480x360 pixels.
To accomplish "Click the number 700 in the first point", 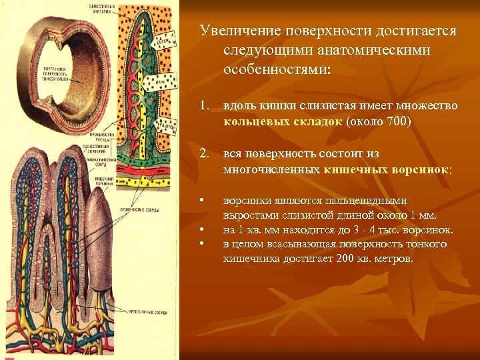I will tap(397, 122).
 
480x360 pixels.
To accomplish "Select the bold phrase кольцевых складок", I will tap(283, 122).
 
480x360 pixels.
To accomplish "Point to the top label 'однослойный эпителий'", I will tap(101, 8).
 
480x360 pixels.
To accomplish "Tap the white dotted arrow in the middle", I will tap(159, 83).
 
